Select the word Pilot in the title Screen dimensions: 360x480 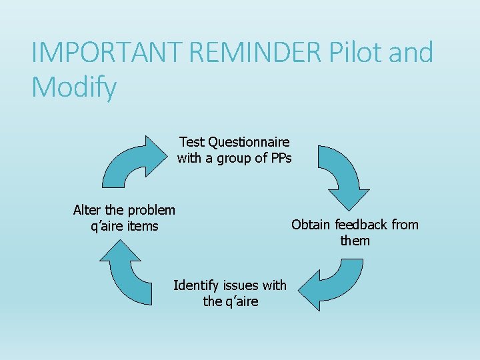(353, 53)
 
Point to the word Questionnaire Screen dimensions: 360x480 (249, 142)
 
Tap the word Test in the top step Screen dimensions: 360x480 (192, 142)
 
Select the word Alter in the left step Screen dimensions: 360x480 (87, 210)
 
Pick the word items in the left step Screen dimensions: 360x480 (143, 227)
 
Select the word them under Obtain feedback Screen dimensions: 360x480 (355, 241)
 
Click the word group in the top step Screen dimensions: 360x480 (235, 159)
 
